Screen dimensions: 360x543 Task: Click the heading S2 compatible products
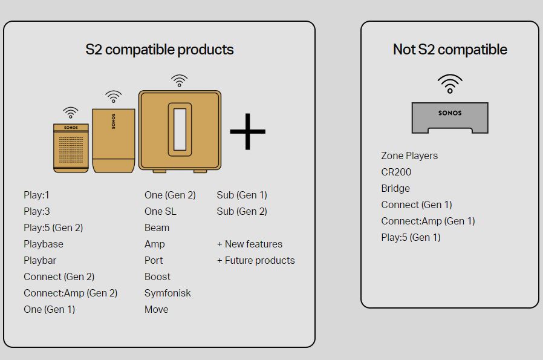159,50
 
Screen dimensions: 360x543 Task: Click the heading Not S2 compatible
449,50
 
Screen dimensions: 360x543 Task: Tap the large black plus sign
247,130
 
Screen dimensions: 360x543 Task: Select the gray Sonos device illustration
449,117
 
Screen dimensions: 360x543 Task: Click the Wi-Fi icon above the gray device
449,83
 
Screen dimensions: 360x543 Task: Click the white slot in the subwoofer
180,129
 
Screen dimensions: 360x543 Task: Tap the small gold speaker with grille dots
71,148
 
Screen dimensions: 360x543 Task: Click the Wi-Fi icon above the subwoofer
178,81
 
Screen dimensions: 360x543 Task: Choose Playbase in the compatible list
44,244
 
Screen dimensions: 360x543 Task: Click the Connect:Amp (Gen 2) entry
70,293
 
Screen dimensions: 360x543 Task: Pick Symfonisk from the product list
167,293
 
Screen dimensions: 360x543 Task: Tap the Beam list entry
157,227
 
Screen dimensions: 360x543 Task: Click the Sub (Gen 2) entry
241,211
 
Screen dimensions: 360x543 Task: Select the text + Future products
256,260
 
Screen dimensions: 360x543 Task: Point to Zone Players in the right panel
409,155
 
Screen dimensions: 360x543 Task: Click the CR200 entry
396,172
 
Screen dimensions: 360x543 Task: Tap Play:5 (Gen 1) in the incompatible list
411,237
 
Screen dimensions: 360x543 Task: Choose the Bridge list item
395,188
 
